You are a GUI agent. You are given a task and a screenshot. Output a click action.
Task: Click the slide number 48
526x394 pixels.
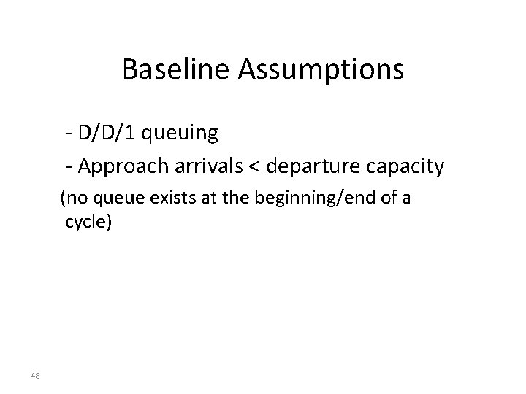tap(35, 376)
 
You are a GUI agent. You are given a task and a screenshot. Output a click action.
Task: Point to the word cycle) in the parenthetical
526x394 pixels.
tap(88, 223)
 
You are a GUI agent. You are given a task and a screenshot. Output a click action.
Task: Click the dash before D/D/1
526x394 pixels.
tap(68, 134)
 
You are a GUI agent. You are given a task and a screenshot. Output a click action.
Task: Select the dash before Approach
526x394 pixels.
tap(68, 168)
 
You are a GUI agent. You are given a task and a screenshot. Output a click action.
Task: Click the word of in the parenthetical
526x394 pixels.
tap(384, 198)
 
